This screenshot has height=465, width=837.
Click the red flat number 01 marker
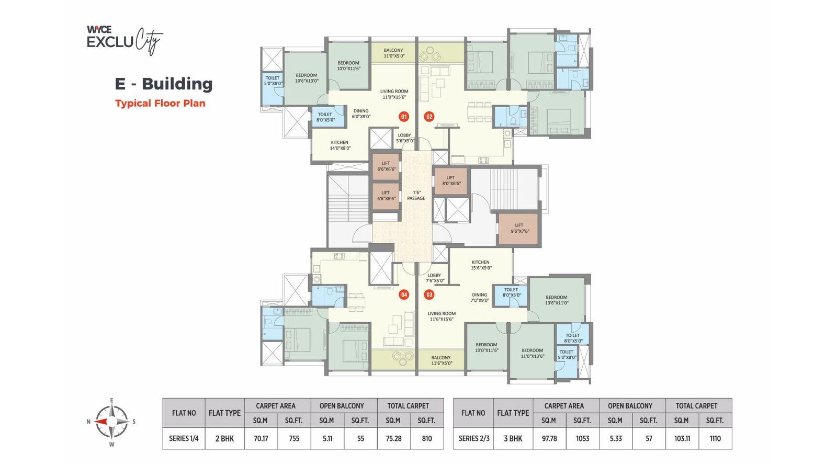403,117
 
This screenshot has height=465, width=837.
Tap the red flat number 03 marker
429,295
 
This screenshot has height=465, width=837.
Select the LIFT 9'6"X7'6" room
518,229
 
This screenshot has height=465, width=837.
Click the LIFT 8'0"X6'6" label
451,180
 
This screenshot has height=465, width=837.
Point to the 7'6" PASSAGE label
416,196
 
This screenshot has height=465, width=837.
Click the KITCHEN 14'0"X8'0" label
340,145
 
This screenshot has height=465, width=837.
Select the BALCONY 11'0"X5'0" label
393,53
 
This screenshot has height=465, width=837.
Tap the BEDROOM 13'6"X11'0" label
557,300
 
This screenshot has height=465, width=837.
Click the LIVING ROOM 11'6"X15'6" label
442,316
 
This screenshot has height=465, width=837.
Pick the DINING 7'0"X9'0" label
479,298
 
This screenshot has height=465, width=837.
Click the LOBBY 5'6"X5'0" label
404,138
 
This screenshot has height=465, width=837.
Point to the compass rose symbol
111,422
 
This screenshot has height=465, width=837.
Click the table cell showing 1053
582,439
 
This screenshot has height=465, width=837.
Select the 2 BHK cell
224,439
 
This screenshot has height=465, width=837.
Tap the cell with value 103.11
682,439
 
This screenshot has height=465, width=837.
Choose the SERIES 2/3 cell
473,439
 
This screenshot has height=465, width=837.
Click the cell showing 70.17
261,439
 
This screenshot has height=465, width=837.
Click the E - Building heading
164,84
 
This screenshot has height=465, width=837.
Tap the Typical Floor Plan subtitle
160,104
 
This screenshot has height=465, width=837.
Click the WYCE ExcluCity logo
125,40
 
